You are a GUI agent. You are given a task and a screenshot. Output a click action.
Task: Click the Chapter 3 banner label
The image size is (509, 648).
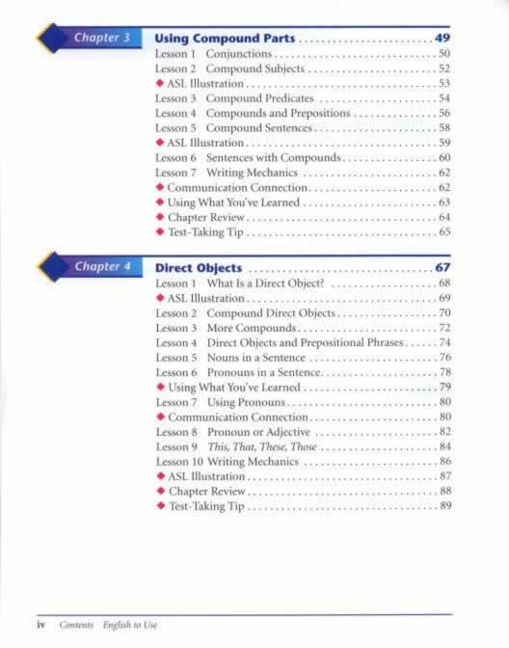coord(102,38)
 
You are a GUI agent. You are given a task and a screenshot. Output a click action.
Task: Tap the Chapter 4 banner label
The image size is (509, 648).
coord(102,266)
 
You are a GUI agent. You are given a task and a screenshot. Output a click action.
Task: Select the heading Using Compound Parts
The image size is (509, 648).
coord(225,39)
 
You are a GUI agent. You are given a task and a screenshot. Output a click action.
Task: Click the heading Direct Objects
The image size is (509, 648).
coord(199,267)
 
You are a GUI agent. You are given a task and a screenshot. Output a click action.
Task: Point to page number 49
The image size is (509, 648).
coord(442,39)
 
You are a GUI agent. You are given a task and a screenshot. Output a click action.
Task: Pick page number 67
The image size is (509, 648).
coord(442,267)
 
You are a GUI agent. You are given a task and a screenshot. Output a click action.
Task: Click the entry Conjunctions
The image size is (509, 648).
coord(239,54)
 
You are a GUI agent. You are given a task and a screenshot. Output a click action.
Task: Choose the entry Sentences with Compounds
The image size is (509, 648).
coord(274,157)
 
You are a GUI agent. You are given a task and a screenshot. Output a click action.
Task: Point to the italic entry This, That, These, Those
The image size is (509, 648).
coord(261,447)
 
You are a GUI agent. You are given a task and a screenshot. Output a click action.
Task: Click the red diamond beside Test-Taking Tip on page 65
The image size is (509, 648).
coord(160,231)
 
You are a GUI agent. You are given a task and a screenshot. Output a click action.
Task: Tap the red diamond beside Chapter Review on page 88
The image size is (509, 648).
coord(160,491)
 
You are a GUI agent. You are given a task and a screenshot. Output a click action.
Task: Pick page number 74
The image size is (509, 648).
coord(444,342)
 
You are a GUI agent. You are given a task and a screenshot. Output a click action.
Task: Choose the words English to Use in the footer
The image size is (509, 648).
coord(130,625)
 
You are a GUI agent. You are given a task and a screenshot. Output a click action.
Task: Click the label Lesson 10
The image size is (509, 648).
coord(176,462)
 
